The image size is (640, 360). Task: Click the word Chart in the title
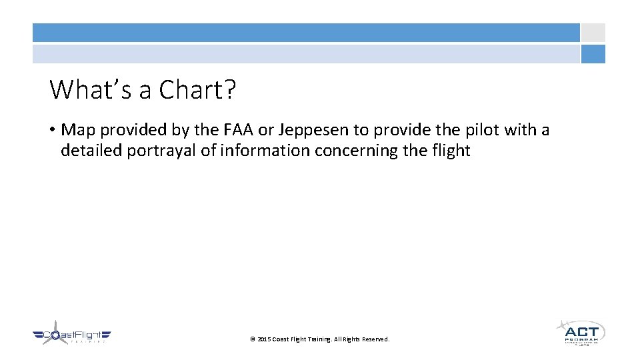[198, 89]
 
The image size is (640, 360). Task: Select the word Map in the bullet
[79, 129]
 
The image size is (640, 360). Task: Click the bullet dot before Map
[53, 130]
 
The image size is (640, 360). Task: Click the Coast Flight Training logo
[71, 334]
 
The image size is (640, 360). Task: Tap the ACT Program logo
[580, 331]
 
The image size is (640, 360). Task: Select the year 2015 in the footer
[264, 339]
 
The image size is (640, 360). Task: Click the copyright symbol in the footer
[253, 339]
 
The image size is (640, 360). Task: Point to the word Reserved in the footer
[375, 339]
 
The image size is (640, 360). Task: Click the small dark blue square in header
[593, 54]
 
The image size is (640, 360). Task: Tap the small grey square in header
[593, 33]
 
